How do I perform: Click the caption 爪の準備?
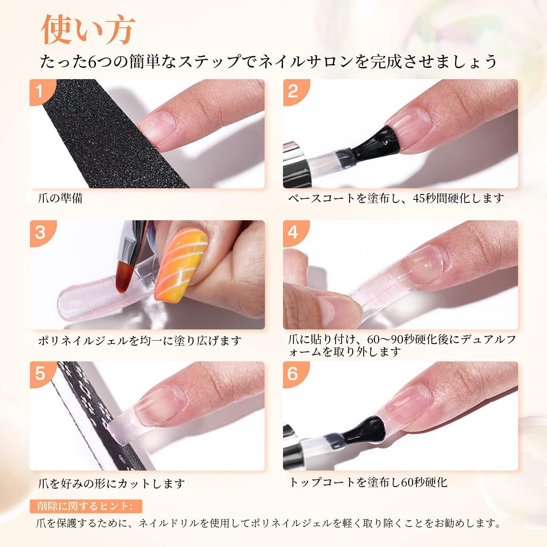[x=61, y=198]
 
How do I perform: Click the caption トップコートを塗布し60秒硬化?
[x=368, y=482]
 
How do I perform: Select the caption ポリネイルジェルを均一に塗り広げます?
[x=140, y=341]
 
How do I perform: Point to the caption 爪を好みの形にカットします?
[x=112, y=484]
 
